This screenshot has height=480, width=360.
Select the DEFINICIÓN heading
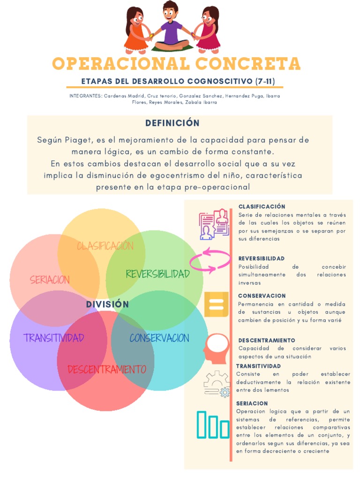(172, 123)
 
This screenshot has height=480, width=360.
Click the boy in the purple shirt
(171, 26)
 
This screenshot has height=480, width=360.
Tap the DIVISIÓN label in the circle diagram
(107, 305)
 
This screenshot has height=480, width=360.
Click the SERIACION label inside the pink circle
(50, 280)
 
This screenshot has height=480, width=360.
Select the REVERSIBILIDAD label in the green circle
(157, 274)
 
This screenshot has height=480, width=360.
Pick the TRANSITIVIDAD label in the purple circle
(54, 337)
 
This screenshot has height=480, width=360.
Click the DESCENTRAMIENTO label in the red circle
(107, 369)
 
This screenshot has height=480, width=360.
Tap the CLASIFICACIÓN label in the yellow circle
(105, 246)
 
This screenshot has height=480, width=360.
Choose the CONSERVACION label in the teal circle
(159, 338)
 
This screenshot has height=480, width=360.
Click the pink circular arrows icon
(210, 261)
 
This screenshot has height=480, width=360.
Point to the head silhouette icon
(216, 348)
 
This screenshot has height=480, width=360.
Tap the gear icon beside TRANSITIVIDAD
(217, 384)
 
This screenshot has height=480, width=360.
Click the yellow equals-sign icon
(216, 304)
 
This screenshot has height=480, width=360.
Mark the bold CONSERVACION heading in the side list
(262, 296)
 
